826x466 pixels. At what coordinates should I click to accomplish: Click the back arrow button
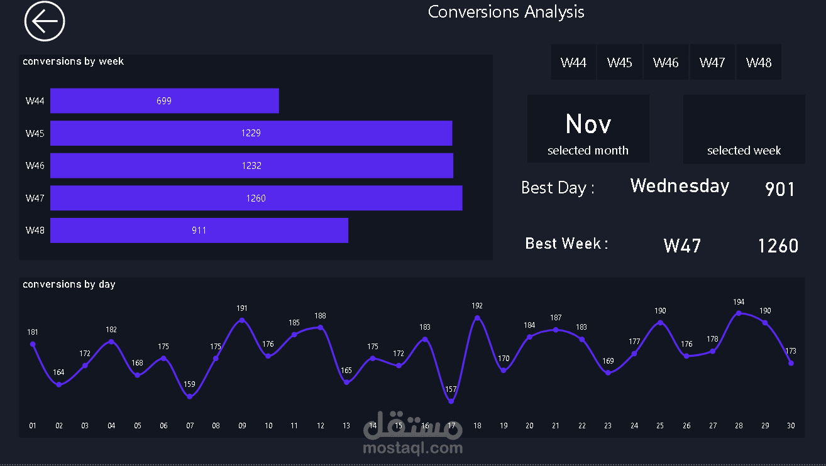[45, 21]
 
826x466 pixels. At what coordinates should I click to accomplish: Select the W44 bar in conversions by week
[164, 100]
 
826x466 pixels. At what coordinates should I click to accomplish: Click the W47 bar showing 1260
[256, 198]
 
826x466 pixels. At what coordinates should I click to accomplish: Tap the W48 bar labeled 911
[199, 230]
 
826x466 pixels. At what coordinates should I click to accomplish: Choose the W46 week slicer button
[666, 62]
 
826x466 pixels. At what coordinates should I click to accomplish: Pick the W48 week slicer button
[759, 62]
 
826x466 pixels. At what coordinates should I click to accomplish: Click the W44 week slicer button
[573, 62]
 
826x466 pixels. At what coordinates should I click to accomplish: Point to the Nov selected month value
[588, 124]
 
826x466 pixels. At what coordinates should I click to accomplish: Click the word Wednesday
[680, 186]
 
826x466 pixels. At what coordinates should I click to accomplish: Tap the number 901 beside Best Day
[780, 189]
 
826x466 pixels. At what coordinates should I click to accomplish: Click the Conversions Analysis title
[506, 12]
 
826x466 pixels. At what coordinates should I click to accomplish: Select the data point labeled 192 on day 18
[477, 318]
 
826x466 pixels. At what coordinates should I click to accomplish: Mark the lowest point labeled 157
[451, 401]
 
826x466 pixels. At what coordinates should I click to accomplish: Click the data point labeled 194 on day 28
[739, 313]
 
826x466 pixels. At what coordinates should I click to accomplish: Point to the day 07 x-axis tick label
[190, 426]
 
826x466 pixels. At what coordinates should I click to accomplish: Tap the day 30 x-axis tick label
[791, 426]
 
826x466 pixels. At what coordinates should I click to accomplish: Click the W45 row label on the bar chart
[35, 133]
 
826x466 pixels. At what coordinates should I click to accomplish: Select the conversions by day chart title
[69, 284]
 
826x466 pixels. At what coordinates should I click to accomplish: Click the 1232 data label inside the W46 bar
[251, 166]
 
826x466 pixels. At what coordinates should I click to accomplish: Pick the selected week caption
[744, 151]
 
